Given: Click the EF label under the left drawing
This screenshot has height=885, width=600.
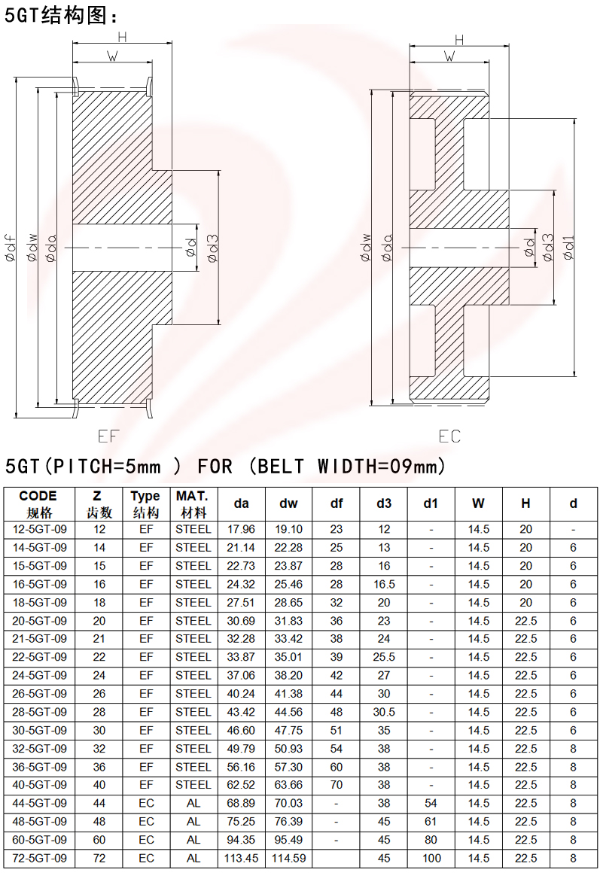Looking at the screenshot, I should pyautogui.click(x=108, y=436).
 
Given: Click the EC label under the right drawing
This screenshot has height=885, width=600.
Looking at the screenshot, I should pyautogui.click(x=449, y=436).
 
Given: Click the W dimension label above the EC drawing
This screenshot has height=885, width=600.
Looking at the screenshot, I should pyautogui.click(x=450, y=56).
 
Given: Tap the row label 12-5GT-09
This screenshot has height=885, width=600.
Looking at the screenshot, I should pyautogui.click(x=41, y=529).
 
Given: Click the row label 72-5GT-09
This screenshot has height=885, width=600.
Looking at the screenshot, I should pyautogui.click(x=41, y=858).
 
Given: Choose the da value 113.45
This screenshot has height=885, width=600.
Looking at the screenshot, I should pyautogui.click(x=242, y=858).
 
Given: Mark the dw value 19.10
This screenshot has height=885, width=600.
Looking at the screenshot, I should pyautogui.click(x=288, y=529).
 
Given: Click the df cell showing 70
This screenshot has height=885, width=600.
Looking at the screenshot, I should pyautogui.click(x=337, y=785).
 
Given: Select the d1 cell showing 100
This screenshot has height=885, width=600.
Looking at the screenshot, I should pyautogui.click(x=431, y=858).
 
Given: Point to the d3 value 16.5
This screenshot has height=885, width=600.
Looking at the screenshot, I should pyautogui.click(x=384, y=584).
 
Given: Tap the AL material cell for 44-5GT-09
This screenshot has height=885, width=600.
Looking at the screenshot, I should pyautogui.click(x=193, y=803).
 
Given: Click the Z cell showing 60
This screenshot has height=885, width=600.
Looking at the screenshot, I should pyautogui.click(x=99, y=840).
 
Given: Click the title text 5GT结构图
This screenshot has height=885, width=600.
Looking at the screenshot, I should pyautogui.click(x=61, y=15).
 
